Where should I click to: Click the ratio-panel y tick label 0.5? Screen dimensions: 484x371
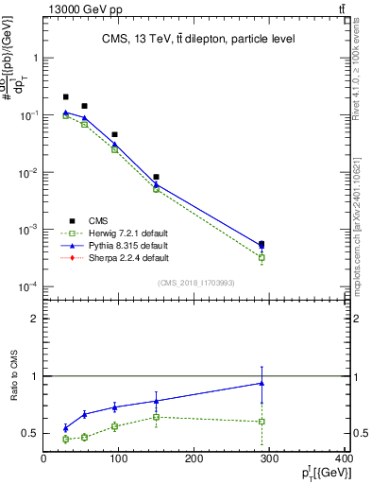click(x=30, y=434)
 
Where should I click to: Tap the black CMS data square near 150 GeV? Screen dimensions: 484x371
click(x=156, y=177)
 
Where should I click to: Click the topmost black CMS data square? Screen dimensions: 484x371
click(x=65, y=96)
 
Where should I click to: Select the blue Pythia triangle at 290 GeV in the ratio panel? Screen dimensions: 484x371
click(x=261, y=383)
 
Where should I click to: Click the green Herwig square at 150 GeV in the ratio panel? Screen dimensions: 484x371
click(x=156, y=417)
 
